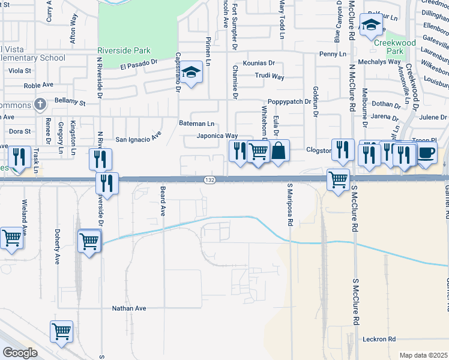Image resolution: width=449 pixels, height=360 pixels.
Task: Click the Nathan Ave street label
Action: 129,308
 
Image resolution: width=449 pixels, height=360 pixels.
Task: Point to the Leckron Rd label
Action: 379,339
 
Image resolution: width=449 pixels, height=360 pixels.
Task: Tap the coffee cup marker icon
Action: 427,152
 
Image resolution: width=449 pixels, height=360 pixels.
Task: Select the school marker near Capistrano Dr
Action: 192,73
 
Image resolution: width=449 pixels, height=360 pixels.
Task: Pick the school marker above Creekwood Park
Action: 370,25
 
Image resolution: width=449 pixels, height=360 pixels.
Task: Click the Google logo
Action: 20,353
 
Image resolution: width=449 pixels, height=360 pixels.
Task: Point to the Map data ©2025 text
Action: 423,355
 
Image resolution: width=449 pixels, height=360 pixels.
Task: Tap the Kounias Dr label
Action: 259,63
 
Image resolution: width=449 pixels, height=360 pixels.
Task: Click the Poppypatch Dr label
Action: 289,101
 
